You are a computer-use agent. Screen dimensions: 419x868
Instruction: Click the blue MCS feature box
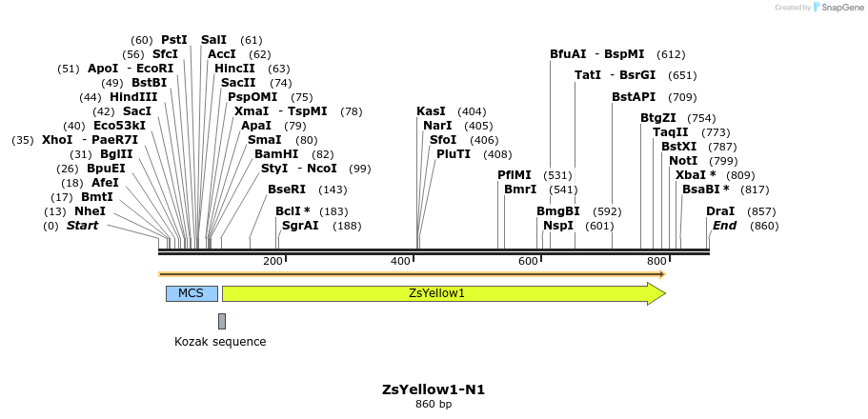pos(192,293)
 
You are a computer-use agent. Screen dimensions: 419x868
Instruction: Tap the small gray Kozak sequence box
pos(222,321)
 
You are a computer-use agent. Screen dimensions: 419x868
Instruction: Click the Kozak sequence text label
pos(220,342)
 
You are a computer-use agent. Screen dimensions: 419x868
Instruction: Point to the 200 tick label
pos(273,261)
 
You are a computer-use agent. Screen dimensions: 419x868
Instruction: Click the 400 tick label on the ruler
pos(400,261)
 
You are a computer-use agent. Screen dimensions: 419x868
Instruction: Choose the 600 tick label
pos(528,261)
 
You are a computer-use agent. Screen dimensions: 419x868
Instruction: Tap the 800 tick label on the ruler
pos(656,261)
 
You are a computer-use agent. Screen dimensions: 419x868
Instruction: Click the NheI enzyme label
pos(90,211)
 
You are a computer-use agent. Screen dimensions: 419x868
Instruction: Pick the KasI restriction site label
pos(431,111)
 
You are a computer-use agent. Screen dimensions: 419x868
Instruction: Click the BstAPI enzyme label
pos(634,97)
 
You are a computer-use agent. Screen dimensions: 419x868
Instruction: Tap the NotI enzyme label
pos(683,160)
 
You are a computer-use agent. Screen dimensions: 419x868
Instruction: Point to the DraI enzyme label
pos(720,211)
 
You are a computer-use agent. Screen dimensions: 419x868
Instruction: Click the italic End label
pos(724,226)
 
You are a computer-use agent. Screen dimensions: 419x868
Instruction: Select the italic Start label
pos(82,226)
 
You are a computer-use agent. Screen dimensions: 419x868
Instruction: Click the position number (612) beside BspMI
pos(671,54)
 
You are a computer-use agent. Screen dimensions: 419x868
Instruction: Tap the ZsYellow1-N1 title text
pos(426,389)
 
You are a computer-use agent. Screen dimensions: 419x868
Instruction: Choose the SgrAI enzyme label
pos(300,226)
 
